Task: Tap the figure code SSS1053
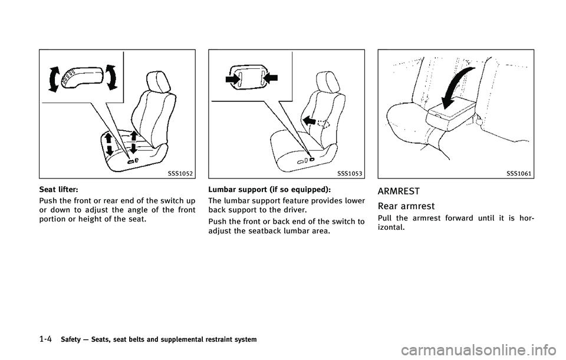click(350, 174)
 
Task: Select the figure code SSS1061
click(519, 174)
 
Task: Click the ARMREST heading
click(399, 191)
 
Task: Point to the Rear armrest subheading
click(406, 206)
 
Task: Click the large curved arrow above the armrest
click(456, 86)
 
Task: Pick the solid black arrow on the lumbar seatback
click(309, 120)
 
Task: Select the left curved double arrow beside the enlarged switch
click(54, 79)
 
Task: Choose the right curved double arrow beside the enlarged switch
click(111, 77)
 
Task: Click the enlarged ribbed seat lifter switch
click(83, 77)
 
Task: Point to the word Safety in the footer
click(71, 339)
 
